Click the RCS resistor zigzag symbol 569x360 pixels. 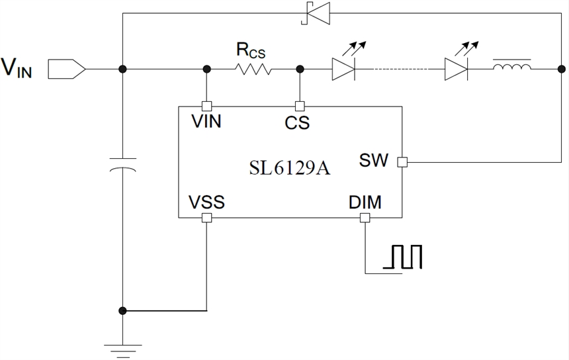click(253, 69)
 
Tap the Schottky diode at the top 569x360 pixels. click(316, 13)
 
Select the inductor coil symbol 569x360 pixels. click(511, 66)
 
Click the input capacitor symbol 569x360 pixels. click(123, 165)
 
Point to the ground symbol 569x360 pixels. click(122, 351)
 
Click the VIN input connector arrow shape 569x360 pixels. click(67, 69)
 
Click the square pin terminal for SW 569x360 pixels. click(402, 162)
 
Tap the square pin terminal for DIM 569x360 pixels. click(365, 218)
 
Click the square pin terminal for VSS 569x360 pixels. click(206, 218)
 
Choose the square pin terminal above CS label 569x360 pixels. click(300, 107)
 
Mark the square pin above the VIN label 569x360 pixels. click(206, 107)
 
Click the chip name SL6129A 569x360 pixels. click(290, 168)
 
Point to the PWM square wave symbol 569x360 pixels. click(403, 257)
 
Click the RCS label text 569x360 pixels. click(251, 50)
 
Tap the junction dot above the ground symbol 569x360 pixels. click(122, 310)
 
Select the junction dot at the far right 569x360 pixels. click(561, 69)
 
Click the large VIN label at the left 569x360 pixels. click(17, 68)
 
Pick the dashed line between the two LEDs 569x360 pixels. click(399, 69)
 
